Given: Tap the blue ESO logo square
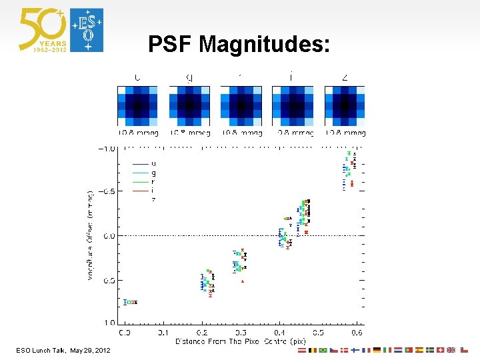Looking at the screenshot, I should pyautogui.click(x=87, y=30).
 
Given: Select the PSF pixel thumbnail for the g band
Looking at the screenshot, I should pyautogui.click(x=189, y=105).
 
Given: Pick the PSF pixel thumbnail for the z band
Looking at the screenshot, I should pyautogui.click(x=345, y=105).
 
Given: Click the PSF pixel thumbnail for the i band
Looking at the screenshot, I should pyautogui.click(x=293, y=105).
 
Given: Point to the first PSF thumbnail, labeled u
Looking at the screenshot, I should pyautogui.click(x=137, y=105).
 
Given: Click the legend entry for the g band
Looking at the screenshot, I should pyautogui.click(x=154, y=173).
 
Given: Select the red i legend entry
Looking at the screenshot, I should pyautogui.click(x=154, y=191).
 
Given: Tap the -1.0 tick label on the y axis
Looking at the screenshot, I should pyautogui.click(x=107, y=148).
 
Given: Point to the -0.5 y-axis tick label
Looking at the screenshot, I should pyautogui.click(x=107, y=191).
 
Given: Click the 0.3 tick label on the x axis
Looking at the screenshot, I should pyautogui.click(x=240, y=332).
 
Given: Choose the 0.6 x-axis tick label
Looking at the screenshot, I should pyautogui.click(x=357, y=332).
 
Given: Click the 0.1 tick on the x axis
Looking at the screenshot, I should pyautogui.click(x=163, y=332).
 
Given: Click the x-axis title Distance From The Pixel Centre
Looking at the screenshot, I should pyautogui.click(x=240, y=341).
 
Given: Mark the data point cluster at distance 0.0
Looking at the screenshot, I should pyautogui.click(x=131, y=302).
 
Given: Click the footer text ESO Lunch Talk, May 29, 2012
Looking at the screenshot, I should pyautogui.click(x=64, y=351).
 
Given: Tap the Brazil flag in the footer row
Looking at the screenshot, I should pyautogui.click(x=323, y=350).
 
